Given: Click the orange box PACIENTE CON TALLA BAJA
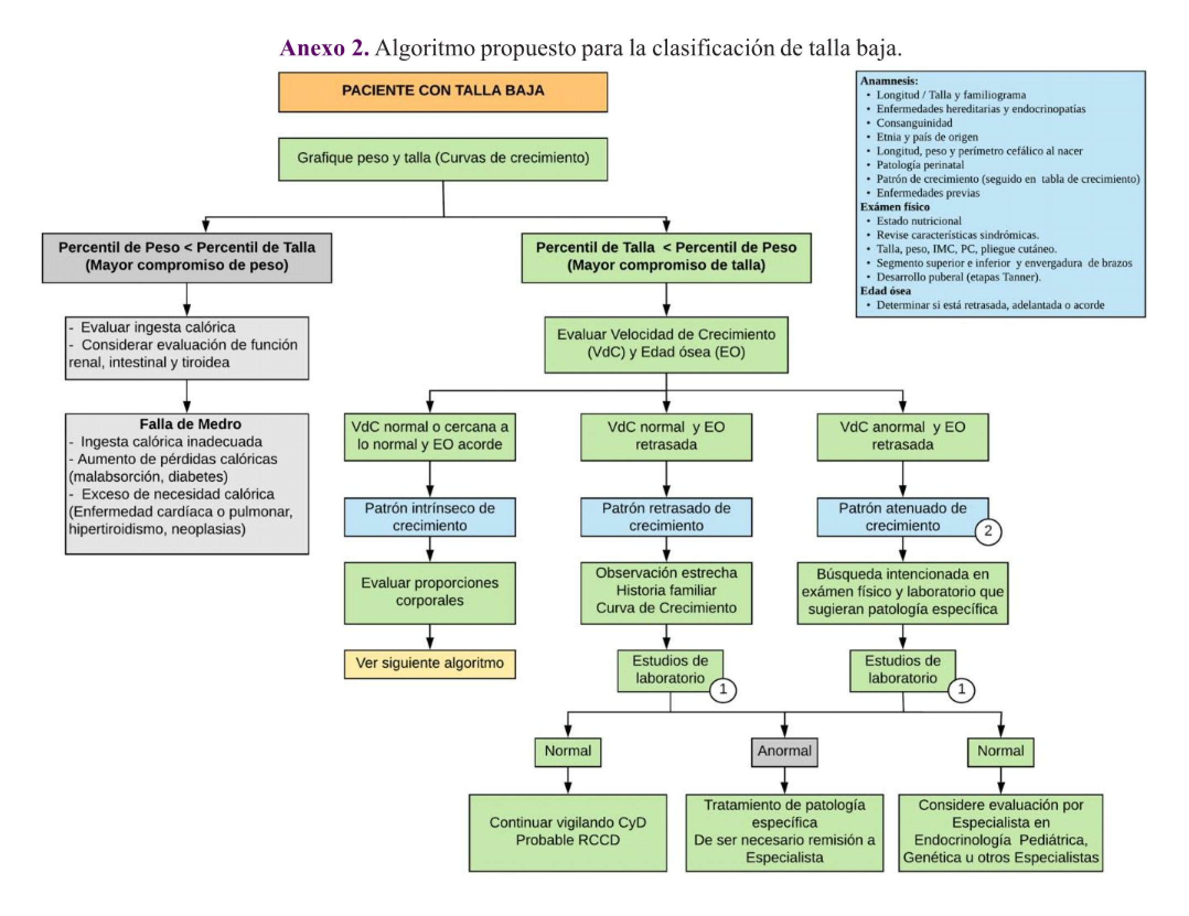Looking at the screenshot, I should click(442, 91).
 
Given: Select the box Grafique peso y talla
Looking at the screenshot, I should click(442, 159).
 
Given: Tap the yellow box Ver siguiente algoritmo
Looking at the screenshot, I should click(430, 664).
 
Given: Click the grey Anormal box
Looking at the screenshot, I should click(784, 752).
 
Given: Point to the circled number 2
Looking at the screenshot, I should click(988, 532).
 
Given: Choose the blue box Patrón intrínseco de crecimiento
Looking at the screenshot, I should click(430, 517).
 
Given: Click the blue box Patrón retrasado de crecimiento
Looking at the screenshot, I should click(666, 517).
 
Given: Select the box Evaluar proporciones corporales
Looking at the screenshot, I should click(430, 592).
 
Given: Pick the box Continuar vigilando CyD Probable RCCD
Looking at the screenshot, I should click(567, 832).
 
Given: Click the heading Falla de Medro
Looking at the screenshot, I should click(190, 424).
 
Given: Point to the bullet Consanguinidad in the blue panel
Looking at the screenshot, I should click(914, 123).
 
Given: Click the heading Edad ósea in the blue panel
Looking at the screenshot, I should click(886, 291).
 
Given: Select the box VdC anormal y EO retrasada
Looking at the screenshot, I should click(902, 437).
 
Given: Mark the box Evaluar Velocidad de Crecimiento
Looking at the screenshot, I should click(666, 344).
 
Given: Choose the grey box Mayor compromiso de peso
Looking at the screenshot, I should click(187, 257).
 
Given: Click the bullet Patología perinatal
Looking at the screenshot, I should click(920, 165).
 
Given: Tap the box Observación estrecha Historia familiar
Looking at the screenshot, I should click(666, 592).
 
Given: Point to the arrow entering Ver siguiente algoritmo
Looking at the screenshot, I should click(430, 641).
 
